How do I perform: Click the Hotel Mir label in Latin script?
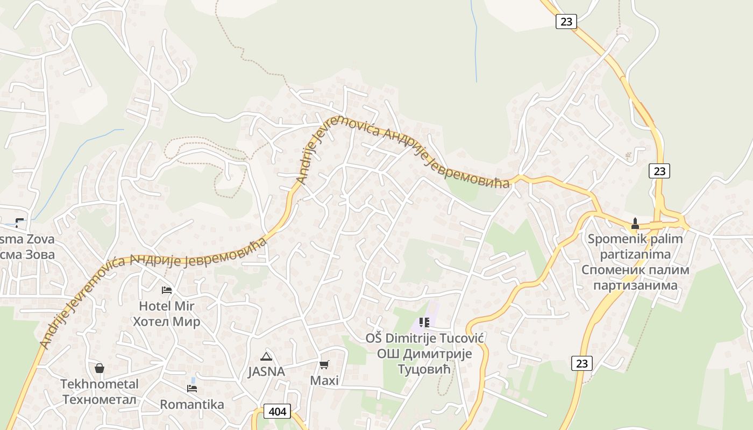coord(167,306)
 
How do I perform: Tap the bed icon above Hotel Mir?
coord(167,290)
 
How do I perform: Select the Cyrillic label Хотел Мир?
coord(167,321)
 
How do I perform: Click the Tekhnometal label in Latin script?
coord(100,384)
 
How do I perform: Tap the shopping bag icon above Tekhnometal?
coord(100,368)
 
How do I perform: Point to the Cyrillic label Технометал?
coord(100,399)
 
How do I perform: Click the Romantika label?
coord(192,404)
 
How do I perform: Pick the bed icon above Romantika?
coord(192,388)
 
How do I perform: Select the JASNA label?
coord(266,371)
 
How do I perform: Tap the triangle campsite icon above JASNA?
coord(266,356)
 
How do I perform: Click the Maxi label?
coord(324,381)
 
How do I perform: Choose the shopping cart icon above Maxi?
coord(324,365)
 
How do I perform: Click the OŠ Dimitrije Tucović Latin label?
coord(425,338)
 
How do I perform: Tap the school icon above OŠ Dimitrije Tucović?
coord(424,322)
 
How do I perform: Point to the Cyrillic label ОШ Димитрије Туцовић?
coord(424,361)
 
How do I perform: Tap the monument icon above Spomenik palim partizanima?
coord(635,223)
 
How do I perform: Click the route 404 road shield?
coord(278,412)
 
